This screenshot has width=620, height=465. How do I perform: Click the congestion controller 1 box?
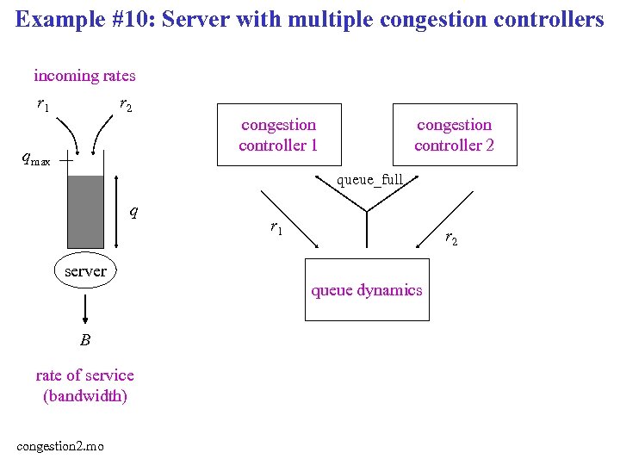(x=278, y=134)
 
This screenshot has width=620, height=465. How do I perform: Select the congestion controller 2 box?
(x=454, y=134)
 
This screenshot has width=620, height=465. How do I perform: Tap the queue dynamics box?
(x=367, y=290)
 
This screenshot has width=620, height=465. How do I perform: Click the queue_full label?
(x=369, y=180)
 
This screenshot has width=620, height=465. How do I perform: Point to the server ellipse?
(x=86, y=271)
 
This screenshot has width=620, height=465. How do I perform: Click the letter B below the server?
(x=84, y=340)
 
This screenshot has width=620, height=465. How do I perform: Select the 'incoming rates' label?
(x=84, y=76)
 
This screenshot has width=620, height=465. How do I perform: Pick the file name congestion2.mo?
(x=60, y=445)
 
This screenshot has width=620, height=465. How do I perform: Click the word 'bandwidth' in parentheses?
(x=85, y=396)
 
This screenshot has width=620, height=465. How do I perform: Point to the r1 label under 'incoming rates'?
(x=42, y=105)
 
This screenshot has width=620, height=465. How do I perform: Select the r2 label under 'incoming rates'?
(x=126, y=105)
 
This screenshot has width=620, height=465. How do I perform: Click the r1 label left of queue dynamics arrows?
(x=276, y=228)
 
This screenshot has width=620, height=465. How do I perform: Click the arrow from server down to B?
(x=85, y=307)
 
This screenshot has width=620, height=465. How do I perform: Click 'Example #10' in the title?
(x=71, y=19)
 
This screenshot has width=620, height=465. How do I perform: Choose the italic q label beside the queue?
(x=133, y=210)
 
